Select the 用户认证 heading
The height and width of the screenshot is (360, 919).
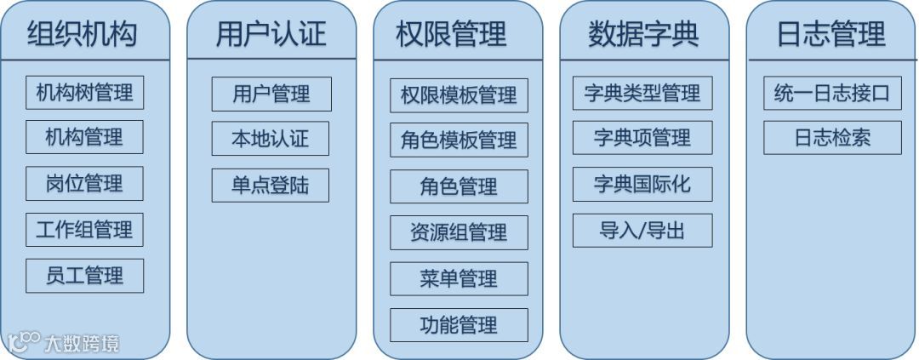pyautogui.click(x=271, y=34)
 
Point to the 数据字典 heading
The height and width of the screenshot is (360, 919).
pyautogui.click(x=643, y=34)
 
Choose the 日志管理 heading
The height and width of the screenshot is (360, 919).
pyautogui.click(x=831, y=34)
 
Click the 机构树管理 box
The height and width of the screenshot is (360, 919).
pyautogui.click(x=84, y=92)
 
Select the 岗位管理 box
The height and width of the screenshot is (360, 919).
pyautogui.click(x=84, y=183)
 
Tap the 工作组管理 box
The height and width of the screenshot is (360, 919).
pyautogui.click(x=84, y=230)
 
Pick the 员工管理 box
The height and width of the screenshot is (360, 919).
pyautogui.click(x=84, y=276)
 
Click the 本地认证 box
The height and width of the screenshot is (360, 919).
pyautogui.click(x=271, y=139)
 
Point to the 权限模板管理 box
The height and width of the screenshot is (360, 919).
pyautogui.click(x=459, y=95)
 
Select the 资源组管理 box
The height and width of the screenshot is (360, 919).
pyautogui.click(x=459, y=232)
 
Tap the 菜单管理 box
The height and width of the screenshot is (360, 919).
pyautogui.click(x=459, y=278)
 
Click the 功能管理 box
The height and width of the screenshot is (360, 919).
pyautogui.click(x=459, y=325)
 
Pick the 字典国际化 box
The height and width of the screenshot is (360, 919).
pyautogui.click(x=642, y=185)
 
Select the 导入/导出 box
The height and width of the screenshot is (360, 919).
pyautogui.click(x=642, y=231)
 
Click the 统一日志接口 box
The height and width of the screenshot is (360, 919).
pyautogui.click(x=831, y=93)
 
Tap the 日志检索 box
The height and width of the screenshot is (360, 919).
pyautogui.click(x=831, y=138)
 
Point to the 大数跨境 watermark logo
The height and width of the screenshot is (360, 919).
pyautogui.click(x=63, y=343)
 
